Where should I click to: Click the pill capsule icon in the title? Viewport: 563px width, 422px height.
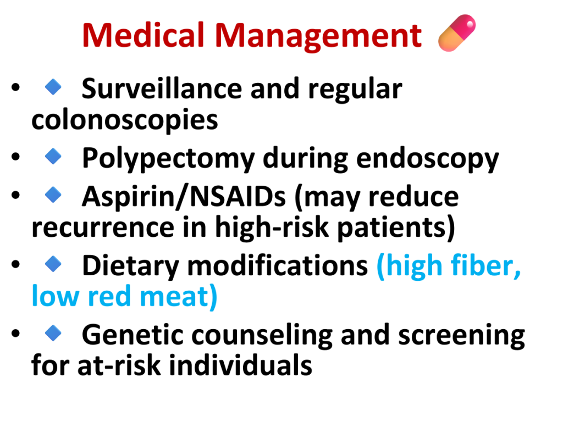457,32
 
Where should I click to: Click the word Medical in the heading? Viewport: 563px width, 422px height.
143,35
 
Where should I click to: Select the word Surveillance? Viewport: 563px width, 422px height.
162,88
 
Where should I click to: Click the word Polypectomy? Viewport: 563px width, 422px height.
168,159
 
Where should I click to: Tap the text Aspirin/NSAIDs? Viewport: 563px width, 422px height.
184,197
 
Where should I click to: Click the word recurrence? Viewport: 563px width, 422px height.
103,228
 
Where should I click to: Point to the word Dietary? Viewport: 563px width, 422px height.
130,266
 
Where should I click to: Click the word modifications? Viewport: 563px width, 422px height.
278,265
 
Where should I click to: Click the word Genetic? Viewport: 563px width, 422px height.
133,335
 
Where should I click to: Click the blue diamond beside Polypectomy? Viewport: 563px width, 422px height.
53,157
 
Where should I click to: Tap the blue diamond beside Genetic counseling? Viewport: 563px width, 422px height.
53,333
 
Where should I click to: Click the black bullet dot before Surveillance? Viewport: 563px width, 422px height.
15,87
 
